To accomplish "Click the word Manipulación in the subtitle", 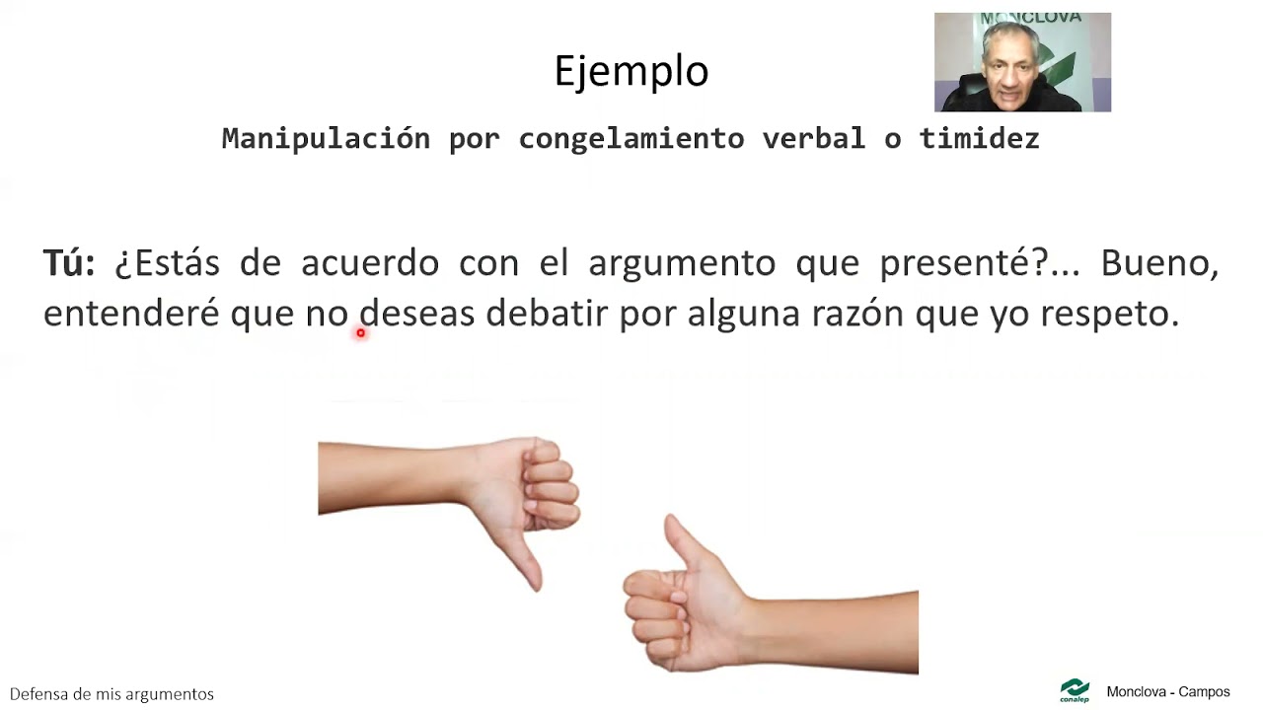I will tap(326, 139).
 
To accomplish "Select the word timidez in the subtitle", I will tap(979, 139).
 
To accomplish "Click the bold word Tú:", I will tap(69, 263).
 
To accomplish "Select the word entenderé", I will tap(130, 314).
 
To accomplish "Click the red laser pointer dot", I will tap(361, 333).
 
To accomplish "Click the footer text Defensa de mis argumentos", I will tap(111, 694).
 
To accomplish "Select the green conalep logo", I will tap(1075, 690).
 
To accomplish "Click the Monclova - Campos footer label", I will tap(1168, 692).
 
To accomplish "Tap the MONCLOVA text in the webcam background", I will tap(1016, 19).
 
